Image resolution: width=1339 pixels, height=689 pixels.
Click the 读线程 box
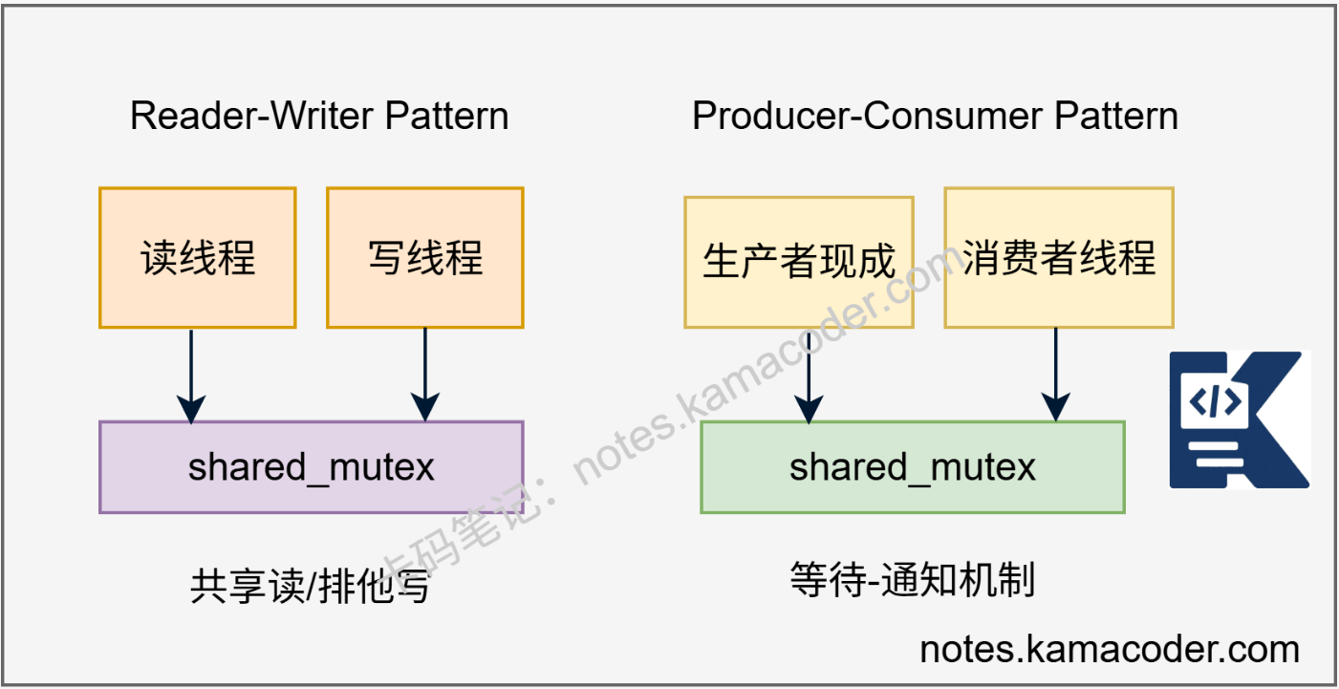198,258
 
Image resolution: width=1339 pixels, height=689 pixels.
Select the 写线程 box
425,258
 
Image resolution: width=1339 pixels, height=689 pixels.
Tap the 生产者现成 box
799,262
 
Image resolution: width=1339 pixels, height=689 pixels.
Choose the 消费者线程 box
1059,258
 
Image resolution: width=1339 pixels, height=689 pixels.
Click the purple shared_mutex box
312,467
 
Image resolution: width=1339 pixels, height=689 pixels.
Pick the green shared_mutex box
913,467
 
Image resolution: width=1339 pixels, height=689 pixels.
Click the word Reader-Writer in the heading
252,117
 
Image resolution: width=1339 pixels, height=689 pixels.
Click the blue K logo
1239,420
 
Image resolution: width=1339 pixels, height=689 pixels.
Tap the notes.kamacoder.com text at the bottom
1110,650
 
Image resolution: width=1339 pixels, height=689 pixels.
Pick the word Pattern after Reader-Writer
446,117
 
